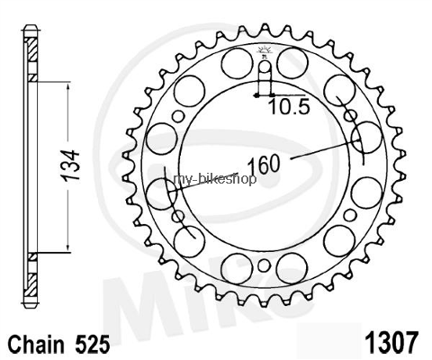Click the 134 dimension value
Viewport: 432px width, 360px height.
click(x=71, y=166)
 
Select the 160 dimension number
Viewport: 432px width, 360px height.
click(x=264, y=165)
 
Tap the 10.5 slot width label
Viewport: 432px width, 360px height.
click(x=289, y=107)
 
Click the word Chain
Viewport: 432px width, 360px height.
click(x=36, y=345)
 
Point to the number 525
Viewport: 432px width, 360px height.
click(x=92, y=345)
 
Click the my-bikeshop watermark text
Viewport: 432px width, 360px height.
click(x=215, y=179)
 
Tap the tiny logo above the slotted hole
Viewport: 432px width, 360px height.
click(x=264, y=50)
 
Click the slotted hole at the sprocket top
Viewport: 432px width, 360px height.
click(x=265, y=76)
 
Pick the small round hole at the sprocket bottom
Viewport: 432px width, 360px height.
click(x=264, y=265)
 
